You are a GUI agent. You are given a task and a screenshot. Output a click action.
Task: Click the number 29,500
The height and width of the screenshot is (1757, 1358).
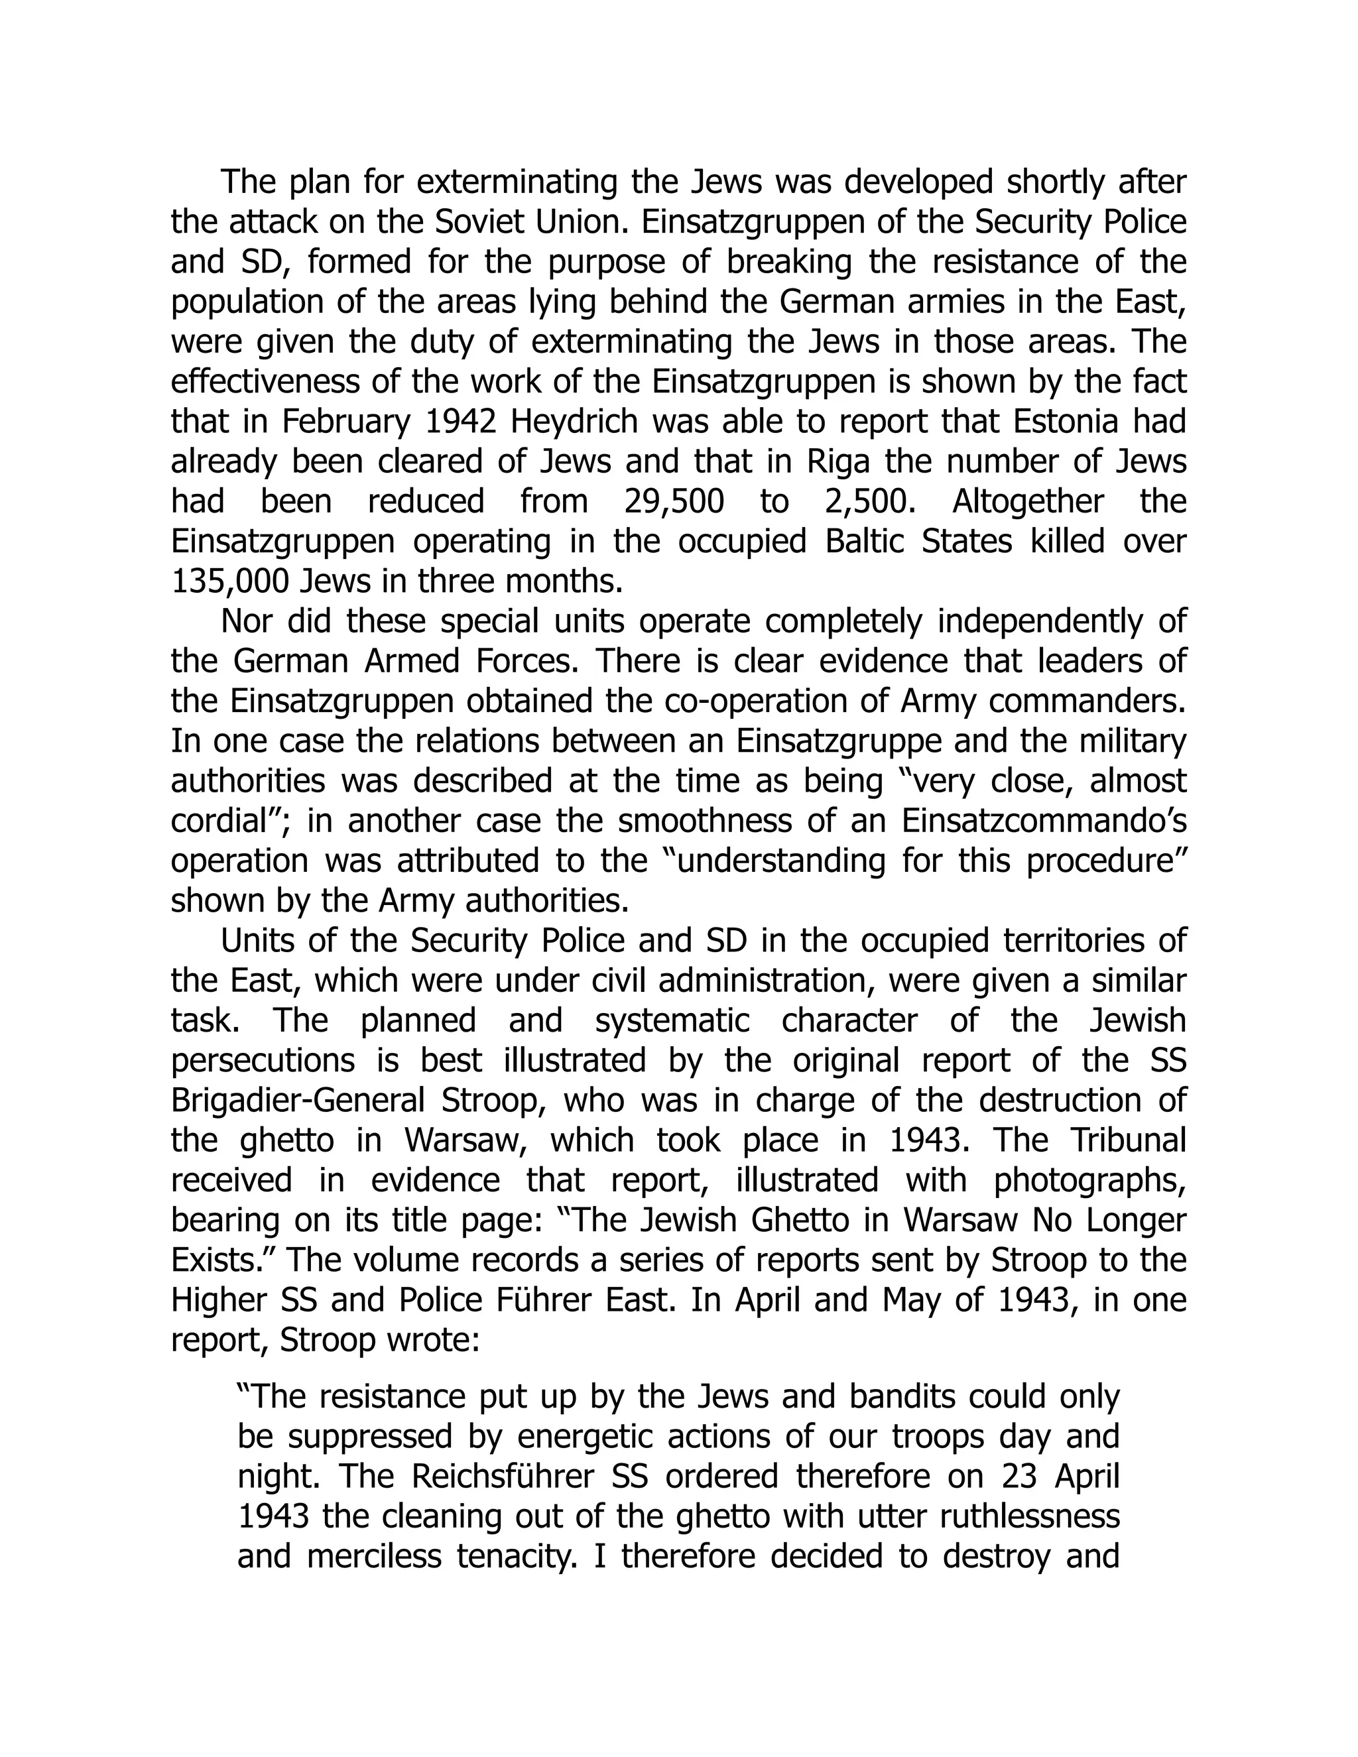coord(674,501)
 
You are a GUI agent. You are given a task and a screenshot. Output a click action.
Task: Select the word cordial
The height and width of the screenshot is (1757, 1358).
coord(223,821)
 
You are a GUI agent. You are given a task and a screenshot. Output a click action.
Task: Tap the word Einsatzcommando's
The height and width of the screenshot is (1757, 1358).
coord(1044,821)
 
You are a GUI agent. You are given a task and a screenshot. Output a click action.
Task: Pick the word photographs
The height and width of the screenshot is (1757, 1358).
coord(1090,1180)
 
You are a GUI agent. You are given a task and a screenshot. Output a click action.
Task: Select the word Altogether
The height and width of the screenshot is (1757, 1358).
coord(1028,501)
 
